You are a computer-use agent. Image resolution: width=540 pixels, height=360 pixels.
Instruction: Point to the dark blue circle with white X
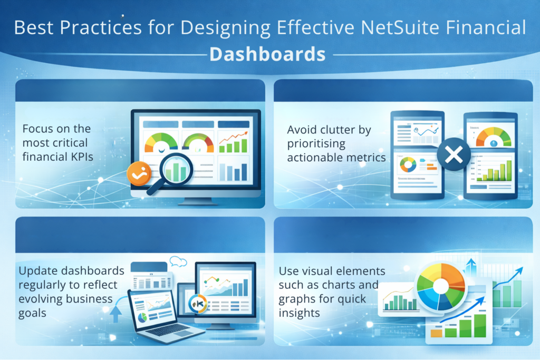click(x=454, y=155)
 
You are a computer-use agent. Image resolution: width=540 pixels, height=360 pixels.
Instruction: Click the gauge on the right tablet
click(x=493, y=137)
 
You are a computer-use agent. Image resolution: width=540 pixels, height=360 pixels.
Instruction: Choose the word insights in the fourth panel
click(x=300, y=313)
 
